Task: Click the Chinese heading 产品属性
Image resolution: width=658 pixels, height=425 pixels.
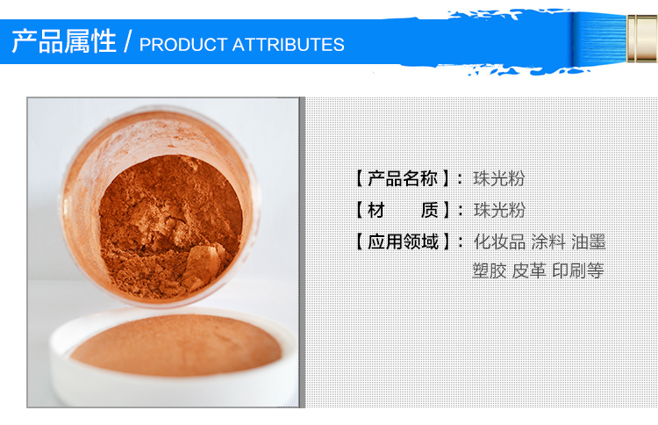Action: (64, 41)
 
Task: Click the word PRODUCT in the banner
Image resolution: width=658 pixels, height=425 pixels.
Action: (183, 45)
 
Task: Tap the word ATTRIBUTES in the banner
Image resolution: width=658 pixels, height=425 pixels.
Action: (289, 45)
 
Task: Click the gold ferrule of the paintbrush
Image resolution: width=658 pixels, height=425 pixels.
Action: (642, 39)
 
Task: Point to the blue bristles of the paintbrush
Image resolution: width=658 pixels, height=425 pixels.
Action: (600, 39)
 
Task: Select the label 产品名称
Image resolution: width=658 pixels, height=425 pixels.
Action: (403, 178)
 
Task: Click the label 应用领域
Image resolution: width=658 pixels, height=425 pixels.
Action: (403, 241)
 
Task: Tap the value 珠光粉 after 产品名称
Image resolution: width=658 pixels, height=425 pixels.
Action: (499, 178)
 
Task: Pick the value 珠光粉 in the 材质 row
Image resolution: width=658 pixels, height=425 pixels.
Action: (499, 210)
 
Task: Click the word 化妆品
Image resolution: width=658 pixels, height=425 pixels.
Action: (499, 241)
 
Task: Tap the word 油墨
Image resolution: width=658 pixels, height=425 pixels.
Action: (589, 241)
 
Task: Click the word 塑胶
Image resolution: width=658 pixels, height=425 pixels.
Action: (490, 270)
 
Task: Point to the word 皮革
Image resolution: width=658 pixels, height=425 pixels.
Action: (529, 270)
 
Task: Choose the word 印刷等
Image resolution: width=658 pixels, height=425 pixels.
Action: (578, 270)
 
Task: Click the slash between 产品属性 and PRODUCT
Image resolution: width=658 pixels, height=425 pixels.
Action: (127, 41)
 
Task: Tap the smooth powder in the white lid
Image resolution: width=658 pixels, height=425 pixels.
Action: (176, 345)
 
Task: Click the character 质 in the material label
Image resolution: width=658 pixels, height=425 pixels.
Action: (429, 210)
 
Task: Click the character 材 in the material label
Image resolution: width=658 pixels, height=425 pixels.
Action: (376, 210)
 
